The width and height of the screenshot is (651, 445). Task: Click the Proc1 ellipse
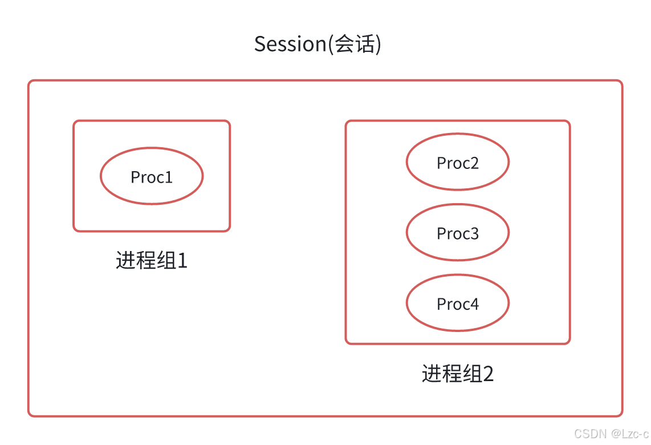click(152, 176)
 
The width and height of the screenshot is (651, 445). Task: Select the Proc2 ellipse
click(457, 162)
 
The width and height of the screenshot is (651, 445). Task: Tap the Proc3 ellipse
click(457, 232)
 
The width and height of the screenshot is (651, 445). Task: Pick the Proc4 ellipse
click(457, 303)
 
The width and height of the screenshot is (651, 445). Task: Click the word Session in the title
click(290, 44)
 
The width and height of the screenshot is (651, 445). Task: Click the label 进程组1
click(152, 260)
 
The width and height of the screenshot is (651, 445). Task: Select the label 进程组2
click(457, 373)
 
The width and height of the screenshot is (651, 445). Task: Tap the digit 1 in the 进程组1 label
click(182, 261)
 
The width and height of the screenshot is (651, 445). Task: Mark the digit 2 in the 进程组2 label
click(488, 374)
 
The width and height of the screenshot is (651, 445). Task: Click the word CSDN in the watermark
click(590, 434)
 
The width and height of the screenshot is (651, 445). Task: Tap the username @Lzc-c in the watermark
click(629, 434)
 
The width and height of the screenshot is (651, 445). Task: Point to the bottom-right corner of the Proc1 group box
click(229, 230)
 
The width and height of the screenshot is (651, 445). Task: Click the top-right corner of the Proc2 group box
click(568, 122)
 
